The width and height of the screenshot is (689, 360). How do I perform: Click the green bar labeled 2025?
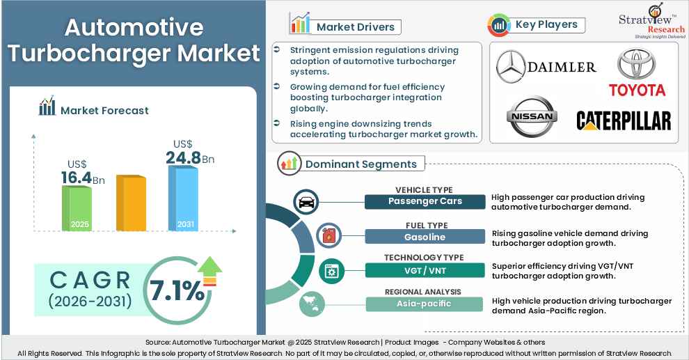[77, 208]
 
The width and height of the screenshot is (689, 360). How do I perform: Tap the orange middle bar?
[130, 203]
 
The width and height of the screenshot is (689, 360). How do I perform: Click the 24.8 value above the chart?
[183, 158]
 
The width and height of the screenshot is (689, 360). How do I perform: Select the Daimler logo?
[546, 67]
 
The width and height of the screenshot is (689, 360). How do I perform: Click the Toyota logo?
[637, 72]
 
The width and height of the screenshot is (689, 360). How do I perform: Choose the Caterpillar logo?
[624, 120]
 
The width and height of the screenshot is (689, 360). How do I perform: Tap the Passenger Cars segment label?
[425, 201]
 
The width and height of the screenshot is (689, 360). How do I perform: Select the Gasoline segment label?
[425, 237]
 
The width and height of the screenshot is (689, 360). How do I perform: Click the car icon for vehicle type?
[306, 203]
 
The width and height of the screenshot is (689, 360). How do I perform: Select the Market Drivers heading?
[346, 27]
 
